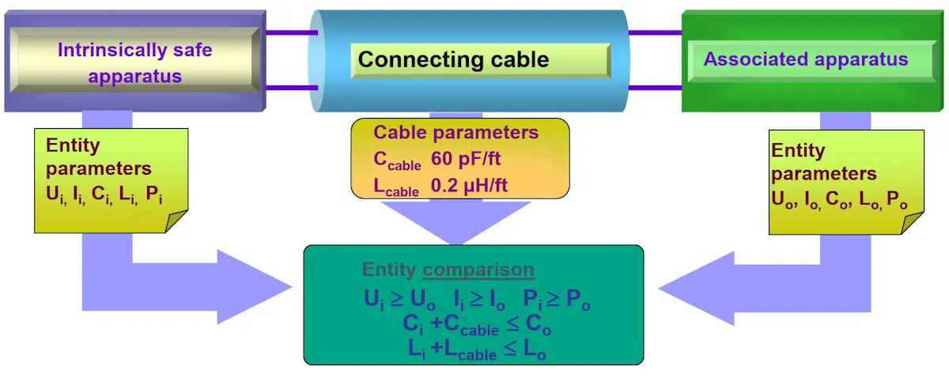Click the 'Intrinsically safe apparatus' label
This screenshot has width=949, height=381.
point(134,63)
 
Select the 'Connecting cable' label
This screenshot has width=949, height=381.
point(453,59)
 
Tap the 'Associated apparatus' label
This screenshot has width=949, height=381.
point(806,59)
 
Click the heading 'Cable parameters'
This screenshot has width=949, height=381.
point(456,132)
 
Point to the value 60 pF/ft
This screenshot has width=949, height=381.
point(466,158)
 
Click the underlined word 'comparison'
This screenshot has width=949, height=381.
point(478,270)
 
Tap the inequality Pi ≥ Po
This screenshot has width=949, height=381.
point(557,299)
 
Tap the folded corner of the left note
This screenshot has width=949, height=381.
point(176,222)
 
